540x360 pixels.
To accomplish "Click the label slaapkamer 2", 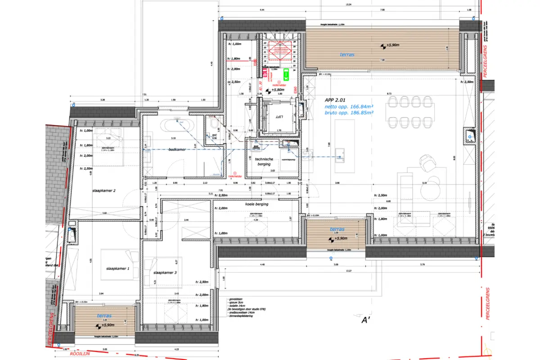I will click(x=104, y=191).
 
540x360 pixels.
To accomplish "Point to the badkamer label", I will click(x=177, y=149).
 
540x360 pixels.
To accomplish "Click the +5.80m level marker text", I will click(x=278, y=90).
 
